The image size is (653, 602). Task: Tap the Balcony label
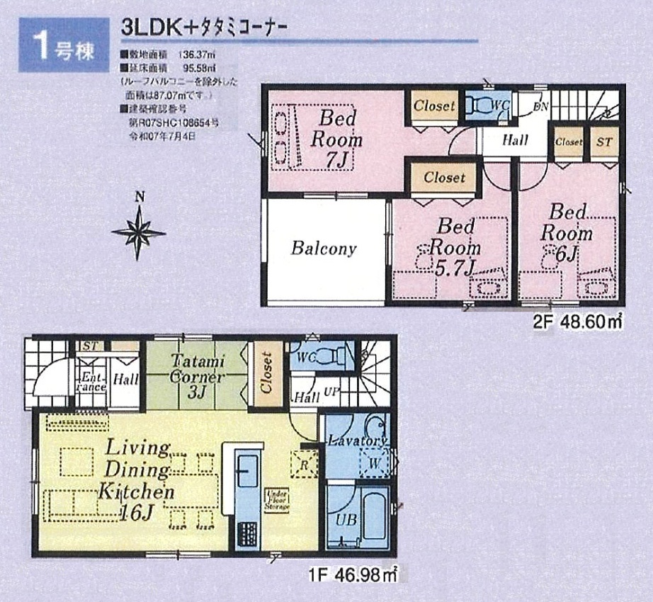click(323, 249)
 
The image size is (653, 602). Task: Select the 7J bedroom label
click(336, 139)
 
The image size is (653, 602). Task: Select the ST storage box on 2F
click(604, 142)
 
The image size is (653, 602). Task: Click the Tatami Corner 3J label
click(197, 375)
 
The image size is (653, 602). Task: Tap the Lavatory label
click(357, 441)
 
